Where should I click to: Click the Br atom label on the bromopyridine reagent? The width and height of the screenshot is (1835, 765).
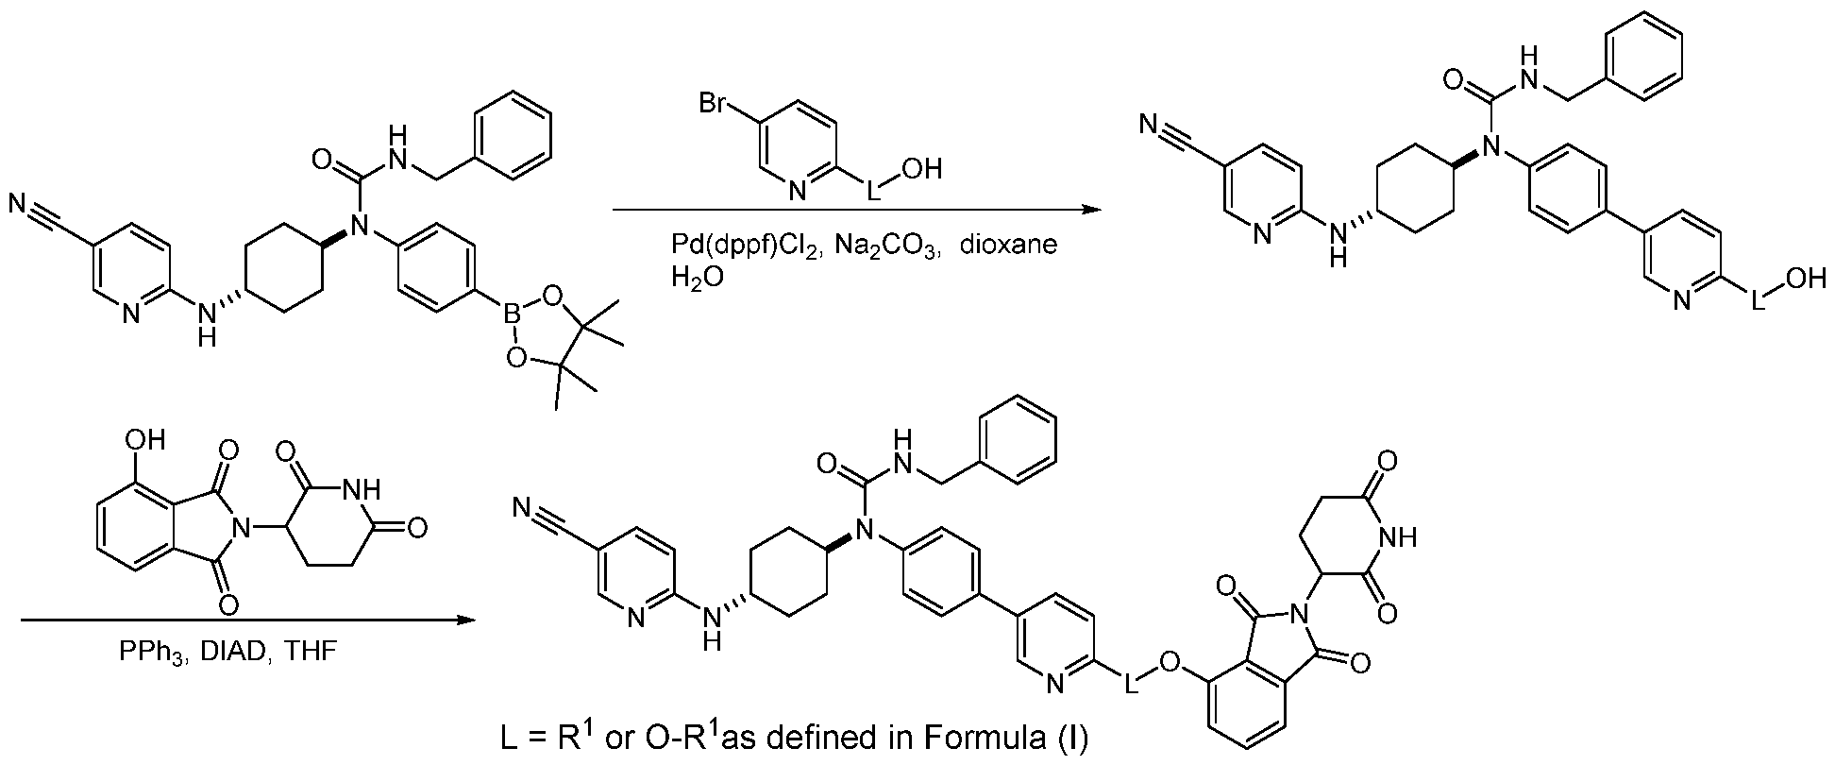point(715,101)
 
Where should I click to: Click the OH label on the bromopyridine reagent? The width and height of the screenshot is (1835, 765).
point(924,169)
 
